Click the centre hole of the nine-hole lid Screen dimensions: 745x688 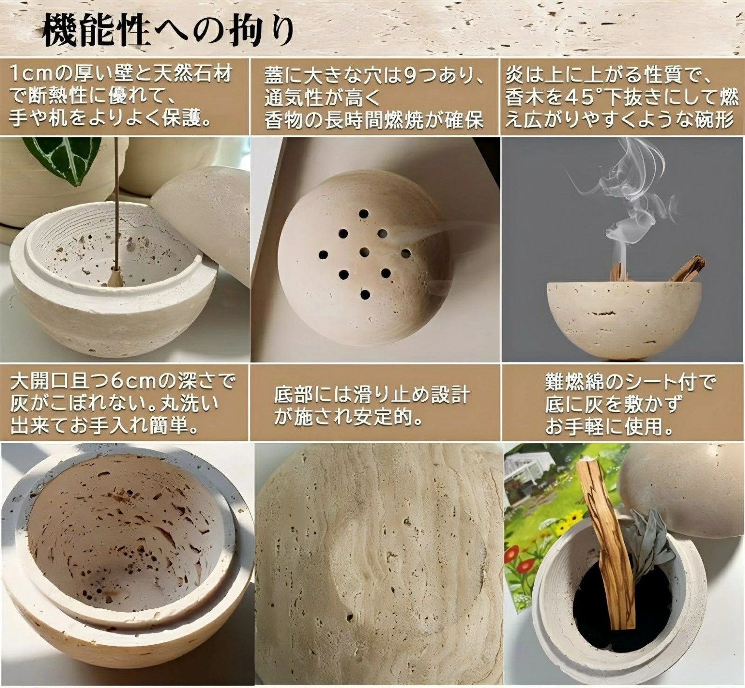pyautogui.click(x=364, y=250)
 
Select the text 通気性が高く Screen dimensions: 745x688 pyautogui.click(x=322, y=98)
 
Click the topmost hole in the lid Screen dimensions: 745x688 pyautogui.click(x=364, y=213)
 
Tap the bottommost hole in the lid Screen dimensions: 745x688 pyautogui.click(x=365, y=294)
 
